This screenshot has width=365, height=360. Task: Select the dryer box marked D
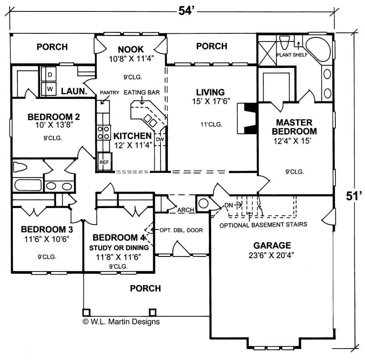pyautogui.click(x=50, y=74)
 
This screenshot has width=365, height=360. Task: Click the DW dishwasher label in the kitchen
pyautogui.click(x=159, y=140)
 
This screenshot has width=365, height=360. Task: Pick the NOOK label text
pyautogui.click(x=130, y=49)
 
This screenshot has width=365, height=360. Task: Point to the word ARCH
pyautogui.click(x=186, y=210)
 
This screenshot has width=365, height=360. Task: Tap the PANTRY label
pyautogui.click(x=110, y=93)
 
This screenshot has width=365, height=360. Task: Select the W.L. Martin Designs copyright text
pyautogui.click(x=121, y=321)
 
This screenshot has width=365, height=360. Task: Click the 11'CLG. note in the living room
pyautogui.click(x=211, y=125)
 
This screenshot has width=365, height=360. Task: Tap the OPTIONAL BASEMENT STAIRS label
pyautogui.click(x=263, y=224)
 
